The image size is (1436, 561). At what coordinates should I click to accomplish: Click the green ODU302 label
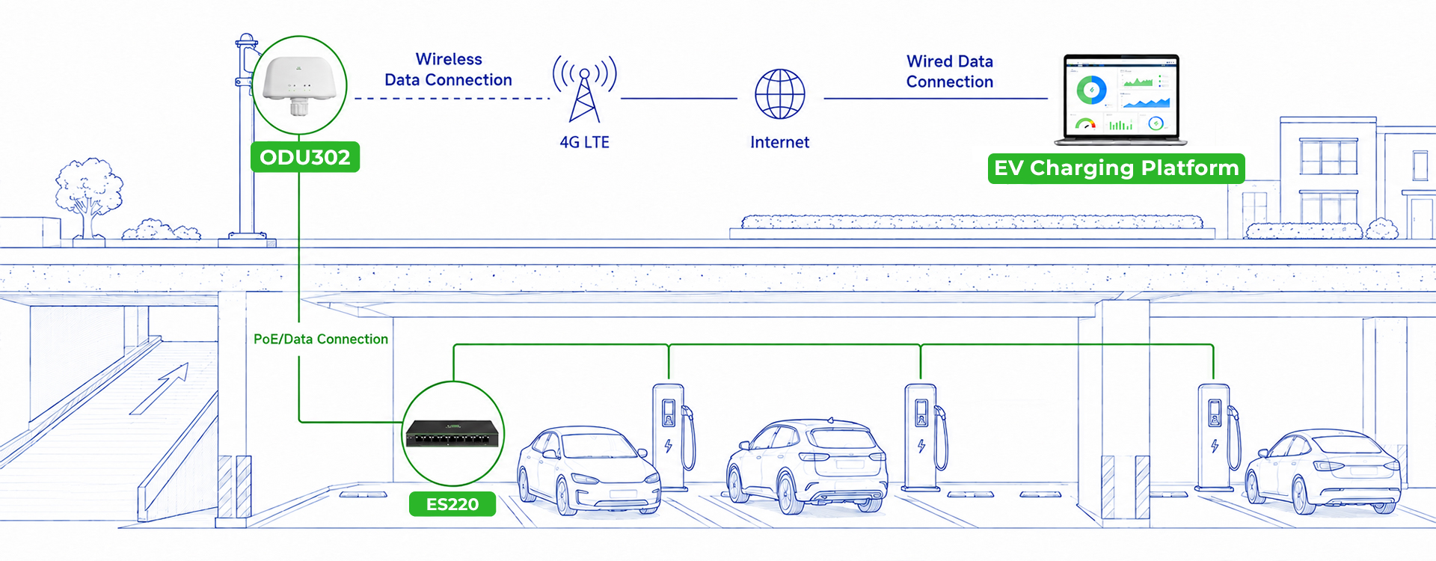pos(305,157)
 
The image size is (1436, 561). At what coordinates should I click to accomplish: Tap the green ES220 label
pos(452,504)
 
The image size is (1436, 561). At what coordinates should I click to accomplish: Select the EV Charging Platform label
pos(1117,168)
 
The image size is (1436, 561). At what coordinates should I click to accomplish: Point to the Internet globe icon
pos(780,94)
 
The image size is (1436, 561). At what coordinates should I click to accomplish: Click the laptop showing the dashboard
pos(1120,99)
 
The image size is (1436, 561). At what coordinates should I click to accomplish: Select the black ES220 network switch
pos(453,434)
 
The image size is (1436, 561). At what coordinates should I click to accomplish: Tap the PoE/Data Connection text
pos(321,339)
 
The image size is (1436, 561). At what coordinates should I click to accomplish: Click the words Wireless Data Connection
pos(449,70)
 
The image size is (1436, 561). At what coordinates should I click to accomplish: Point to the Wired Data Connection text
pos(950,72)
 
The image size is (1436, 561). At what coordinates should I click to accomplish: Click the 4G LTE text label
pos(585,142)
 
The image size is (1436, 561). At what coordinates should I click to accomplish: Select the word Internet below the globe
pos(780,142)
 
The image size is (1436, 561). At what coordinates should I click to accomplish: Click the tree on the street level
pos(88,196)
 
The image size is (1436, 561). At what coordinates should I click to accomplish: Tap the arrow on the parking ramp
pos(159,389)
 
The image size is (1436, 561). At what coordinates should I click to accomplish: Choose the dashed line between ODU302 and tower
pos(452,98)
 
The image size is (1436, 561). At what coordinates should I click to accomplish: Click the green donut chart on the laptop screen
pos(1092,91)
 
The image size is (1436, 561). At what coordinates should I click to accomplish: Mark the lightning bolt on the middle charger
pos(921,446)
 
